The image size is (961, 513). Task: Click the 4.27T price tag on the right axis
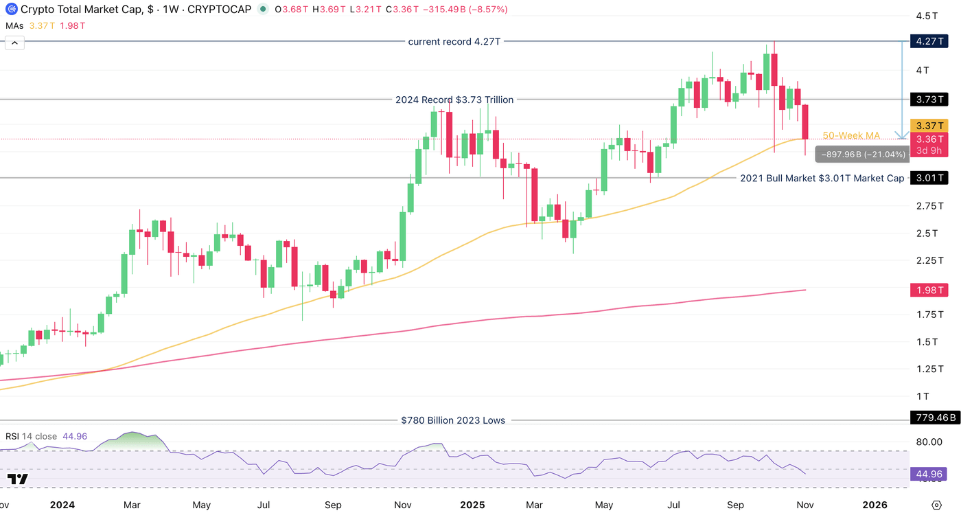(927, 41)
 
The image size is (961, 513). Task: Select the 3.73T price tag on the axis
(927, 100)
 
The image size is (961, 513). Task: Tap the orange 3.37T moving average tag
(927, 125)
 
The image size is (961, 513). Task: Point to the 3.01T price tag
(927, 179)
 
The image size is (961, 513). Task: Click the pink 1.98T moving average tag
(927, 290)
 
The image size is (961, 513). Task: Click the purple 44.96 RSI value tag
(927, 474)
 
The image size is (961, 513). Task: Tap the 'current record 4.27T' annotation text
(454, 42)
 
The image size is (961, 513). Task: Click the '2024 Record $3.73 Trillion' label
(454, 100)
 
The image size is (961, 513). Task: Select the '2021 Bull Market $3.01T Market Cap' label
(822, 179)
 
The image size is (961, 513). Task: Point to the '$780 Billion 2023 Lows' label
(453, 420)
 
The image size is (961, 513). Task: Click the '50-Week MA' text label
(851, 136)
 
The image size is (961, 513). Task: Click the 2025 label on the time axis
(472, 505)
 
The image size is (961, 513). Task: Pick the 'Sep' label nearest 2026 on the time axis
(735, 505)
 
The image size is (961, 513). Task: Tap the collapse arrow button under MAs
(14, 43)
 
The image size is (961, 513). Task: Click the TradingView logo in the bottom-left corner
(19, 479)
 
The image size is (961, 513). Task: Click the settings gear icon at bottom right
(936, 504)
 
